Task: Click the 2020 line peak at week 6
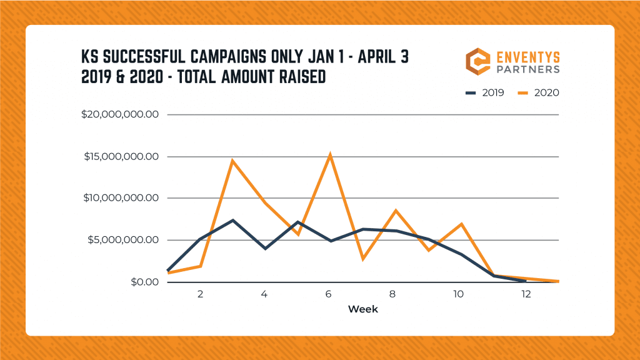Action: coord(330,154)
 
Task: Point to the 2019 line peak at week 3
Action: coord(232,220)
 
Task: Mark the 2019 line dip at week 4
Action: coord(265,248)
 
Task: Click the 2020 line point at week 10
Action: coord(461,224)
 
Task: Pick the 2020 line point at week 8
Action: coord(396,210)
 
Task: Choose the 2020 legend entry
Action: coord(538,92)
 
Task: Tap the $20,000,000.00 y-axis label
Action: coord(121,114)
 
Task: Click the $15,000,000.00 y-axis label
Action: coord(121,156)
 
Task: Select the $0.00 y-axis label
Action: coord(144,282)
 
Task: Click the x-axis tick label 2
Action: coord(200,294)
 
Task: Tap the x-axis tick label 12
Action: coord(526,294)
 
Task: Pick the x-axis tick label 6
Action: coord(330,294)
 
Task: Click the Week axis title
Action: coord(363,309)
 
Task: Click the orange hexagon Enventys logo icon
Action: coord(478,61)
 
